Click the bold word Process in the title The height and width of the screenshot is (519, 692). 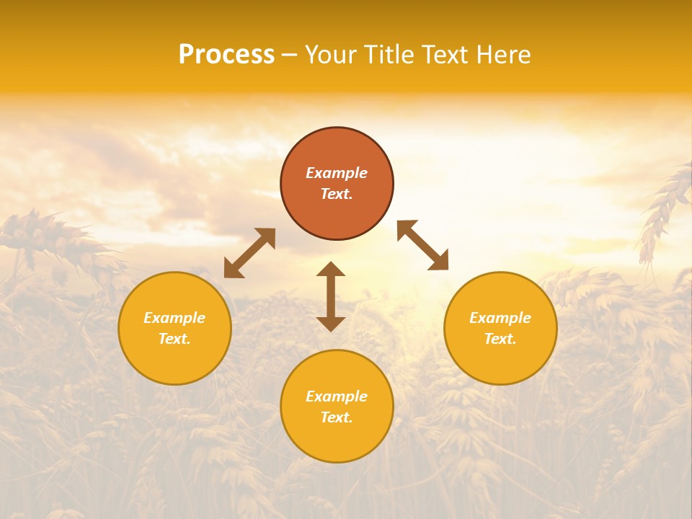tap(226, 55)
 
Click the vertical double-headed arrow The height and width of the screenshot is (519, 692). tap(331, 296)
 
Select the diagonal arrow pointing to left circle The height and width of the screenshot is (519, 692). tap(249, 253)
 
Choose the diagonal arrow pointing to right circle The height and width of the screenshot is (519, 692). tap(423, 245)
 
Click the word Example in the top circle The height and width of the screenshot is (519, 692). tap(337, 173)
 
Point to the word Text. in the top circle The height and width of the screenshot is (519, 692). tap(337, 194)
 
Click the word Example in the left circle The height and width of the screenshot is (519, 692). tap(174, 318)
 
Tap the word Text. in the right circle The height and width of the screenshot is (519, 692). tap(500, 339)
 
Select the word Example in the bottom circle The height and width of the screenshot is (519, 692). tap(337, 396)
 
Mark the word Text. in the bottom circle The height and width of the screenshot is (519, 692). tap(337, 417)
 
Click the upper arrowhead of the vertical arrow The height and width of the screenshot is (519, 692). tap(331, 268)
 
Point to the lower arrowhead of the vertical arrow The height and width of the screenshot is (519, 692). tap(331, 324)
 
